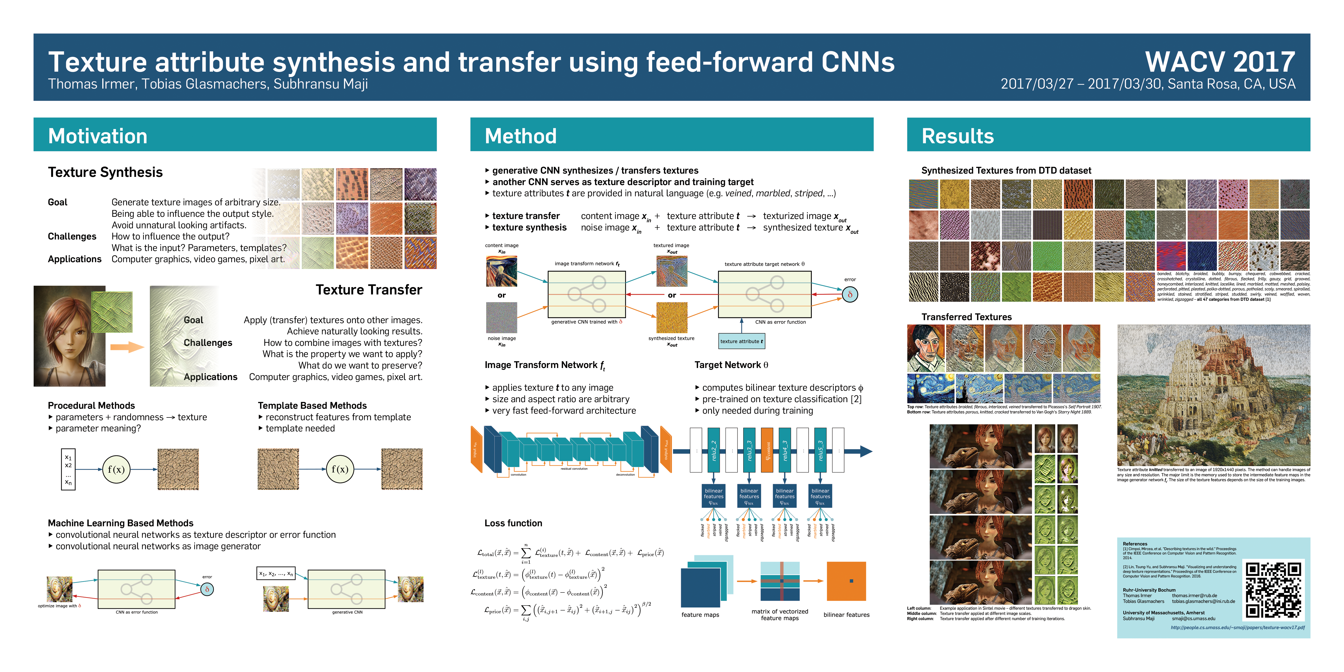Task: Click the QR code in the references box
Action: [1273, 589]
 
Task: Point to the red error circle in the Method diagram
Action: [850, 295]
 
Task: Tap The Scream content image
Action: [502, 271]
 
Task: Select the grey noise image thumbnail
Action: [502, 317]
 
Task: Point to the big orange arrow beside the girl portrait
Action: [127, 347]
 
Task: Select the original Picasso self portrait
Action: [926, 348]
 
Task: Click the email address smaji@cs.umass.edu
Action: [1193, 619]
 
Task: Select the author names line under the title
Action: [208, 84]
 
